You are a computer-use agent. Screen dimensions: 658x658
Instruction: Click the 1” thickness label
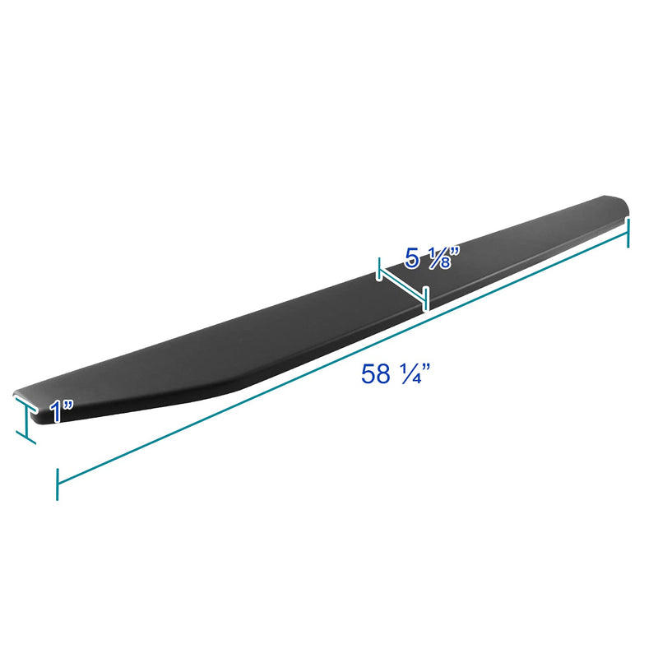61,410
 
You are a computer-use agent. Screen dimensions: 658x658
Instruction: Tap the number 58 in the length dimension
376,374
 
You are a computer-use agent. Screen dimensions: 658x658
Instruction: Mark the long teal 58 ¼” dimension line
342,358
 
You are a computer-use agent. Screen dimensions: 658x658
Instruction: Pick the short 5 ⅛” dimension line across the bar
403,288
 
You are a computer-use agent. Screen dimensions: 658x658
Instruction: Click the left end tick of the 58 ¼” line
57,484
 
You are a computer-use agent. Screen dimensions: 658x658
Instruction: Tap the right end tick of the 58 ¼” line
628,233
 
